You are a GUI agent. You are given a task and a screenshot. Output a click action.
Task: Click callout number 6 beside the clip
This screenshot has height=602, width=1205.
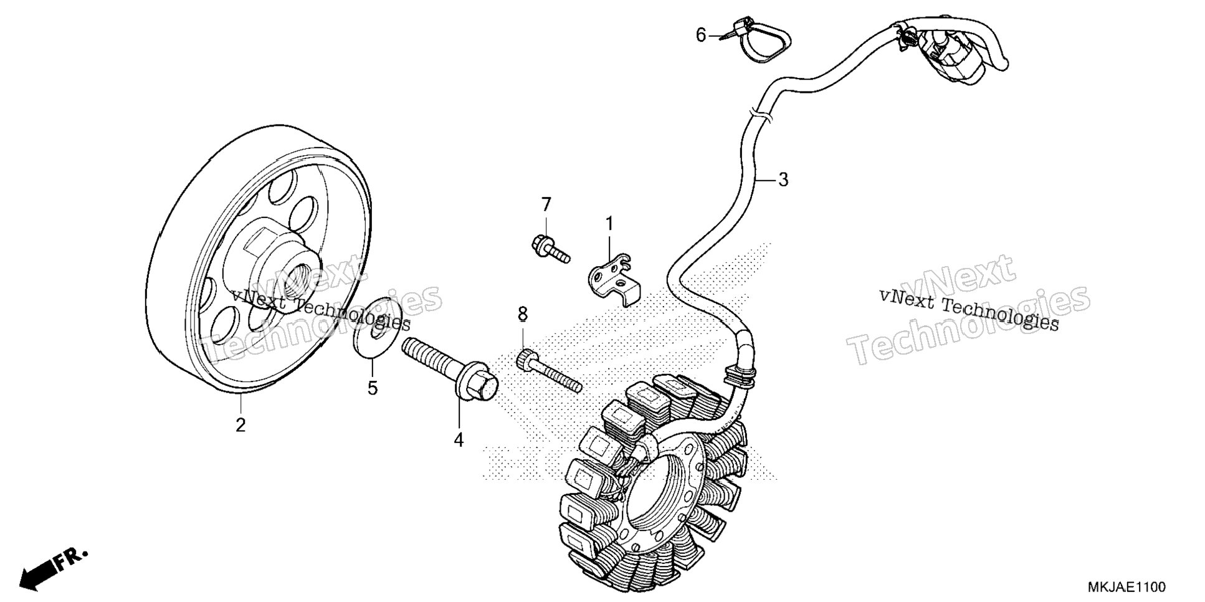coord(701,35)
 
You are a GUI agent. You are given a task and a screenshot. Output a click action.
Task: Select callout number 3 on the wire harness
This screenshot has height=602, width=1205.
coord(783,179)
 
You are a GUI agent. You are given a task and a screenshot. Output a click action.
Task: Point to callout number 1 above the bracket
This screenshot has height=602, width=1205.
coord(609,223)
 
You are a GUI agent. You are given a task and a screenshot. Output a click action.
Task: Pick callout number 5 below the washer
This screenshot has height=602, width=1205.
coord(372,388)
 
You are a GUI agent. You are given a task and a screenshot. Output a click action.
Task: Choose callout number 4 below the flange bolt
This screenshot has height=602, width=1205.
coord(459,440)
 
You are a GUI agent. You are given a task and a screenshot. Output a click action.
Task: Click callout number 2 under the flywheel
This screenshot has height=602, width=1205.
coord(241,425)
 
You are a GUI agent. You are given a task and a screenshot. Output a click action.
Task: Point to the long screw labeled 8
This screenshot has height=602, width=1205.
coord(549,371)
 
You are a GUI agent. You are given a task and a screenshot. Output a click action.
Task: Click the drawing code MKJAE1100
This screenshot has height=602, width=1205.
coord(1127,587)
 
